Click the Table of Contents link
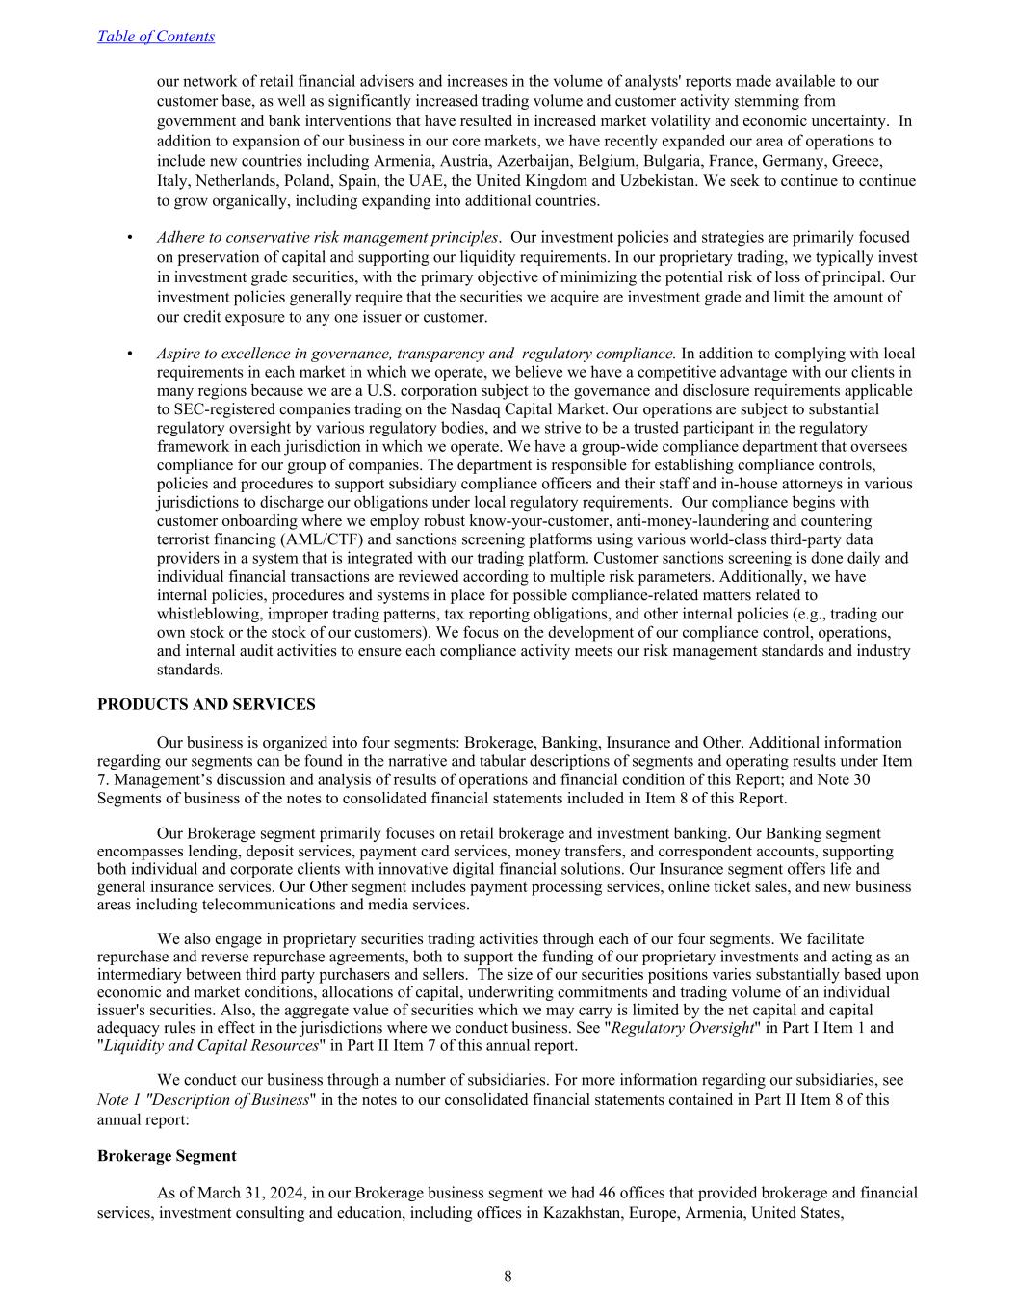point(156,37)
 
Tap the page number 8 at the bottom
point(508,1276)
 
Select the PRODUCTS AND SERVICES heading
point(206,704)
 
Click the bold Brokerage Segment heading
point(167,1155)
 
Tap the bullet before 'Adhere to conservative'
point(130,237)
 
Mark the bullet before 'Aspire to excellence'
point(130,354)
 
